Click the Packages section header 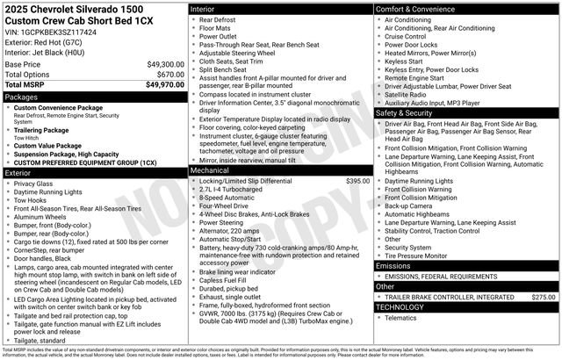(22, 97)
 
